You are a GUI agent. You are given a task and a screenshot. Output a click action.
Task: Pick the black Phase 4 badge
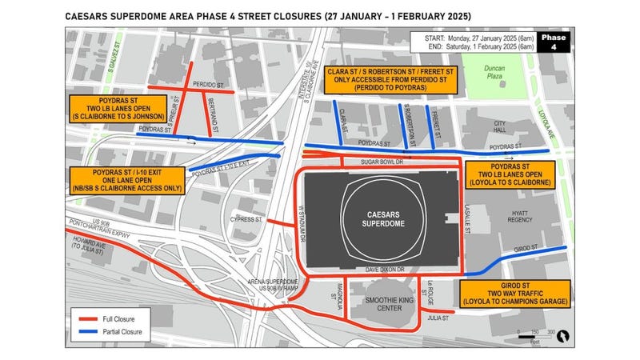click(x=552, y=42)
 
